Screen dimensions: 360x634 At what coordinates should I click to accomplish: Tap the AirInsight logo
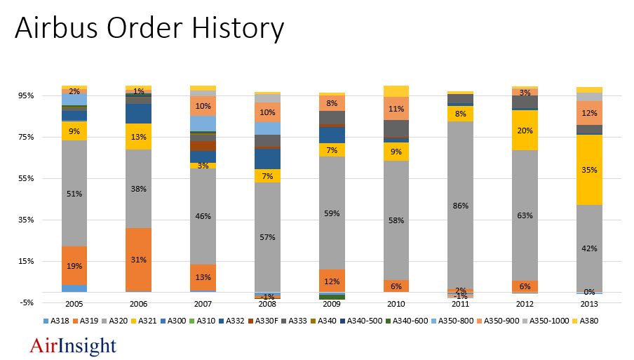point(73,345)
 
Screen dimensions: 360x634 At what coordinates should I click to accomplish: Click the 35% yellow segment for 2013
point(590,169)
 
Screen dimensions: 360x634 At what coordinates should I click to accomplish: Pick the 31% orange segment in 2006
point(138,260)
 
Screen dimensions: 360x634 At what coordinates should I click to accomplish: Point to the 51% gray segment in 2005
point(74,193)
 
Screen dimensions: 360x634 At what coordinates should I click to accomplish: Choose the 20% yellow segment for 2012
point(525,130)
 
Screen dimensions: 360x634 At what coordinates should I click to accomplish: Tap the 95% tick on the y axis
point(46,95)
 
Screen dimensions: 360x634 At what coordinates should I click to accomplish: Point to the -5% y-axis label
point(46,303)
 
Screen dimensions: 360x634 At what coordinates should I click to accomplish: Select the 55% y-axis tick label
point(46,178)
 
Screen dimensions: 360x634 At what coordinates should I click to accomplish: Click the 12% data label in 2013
point(590,113)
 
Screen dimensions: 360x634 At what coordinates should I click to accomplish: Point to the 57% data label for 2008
point(267,237)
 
